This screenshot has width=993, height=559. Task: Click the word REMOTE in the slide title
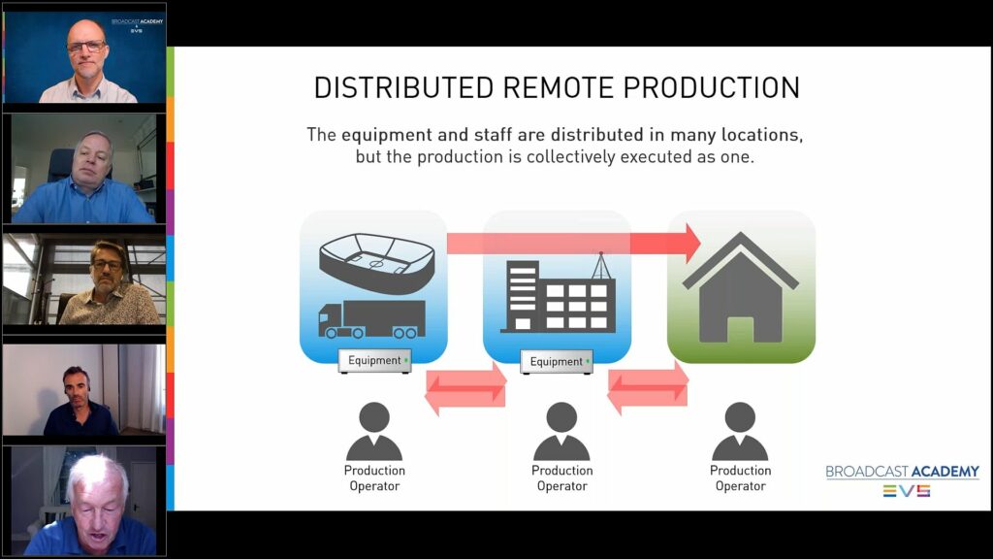(558, 88)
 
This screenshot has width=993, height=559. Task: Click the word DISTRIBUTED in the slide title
(403, 88)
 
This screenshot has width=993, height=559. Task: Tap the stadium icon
(377, 263)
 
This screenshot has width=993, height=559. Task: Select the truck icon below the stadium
(371, 319)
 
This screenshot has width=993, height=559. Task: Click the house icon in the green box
(740, 288)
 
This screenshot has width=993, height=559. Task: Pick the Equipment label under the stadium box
(375, 361)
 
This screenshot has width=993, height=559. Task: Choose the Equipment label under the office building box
(557, 361)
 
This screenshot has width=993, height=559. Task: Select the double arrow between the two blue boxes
(465, 388)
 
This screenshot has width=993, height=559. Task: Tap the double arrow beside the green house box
(648, 388)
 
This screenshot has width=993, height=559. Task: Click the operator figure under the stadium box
(374, 431)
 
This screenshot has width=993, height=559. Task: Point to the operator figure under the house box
(740, 431)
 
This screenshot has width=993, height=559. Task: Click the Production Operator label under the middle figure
(562, 478)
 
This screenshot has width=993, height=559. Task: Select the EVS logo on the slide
(907, 491)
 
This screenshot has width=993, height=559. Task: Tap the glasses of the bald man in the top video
(86, 47)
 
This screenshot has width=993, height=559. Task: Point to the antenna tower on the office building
(601, 266)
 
